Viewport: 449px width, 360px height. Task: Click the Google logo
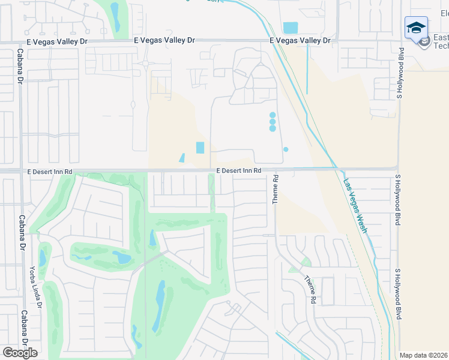point(20,352)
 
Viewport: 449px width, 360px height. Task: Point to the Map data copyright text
point(424,355)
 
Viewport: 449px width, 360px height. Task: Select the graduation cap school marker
point(416,28)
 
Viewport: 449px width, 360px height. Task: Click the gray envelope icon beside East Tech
point(424,42)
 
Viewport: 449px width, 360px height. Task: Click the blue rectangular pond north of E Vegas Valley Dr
point(290,28)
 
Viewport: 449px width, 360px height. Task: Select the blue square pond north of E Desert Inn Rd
point(200,148)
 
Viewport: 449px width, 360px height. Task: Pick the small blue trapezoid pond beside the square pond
point(182,158)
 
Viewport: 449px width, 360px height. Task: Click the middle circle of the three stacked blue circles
point(273,121)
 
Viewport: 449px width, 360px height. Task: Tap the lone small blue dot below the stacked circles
point(286,149)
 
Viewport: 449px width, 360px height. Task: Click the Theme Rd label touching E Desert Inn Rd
point(276,189)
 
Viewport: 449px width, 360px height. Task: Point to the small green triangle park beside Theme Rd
point(306,262)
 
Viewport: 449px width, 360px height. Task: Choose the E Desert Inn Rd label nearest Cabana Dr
point(50,172)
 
